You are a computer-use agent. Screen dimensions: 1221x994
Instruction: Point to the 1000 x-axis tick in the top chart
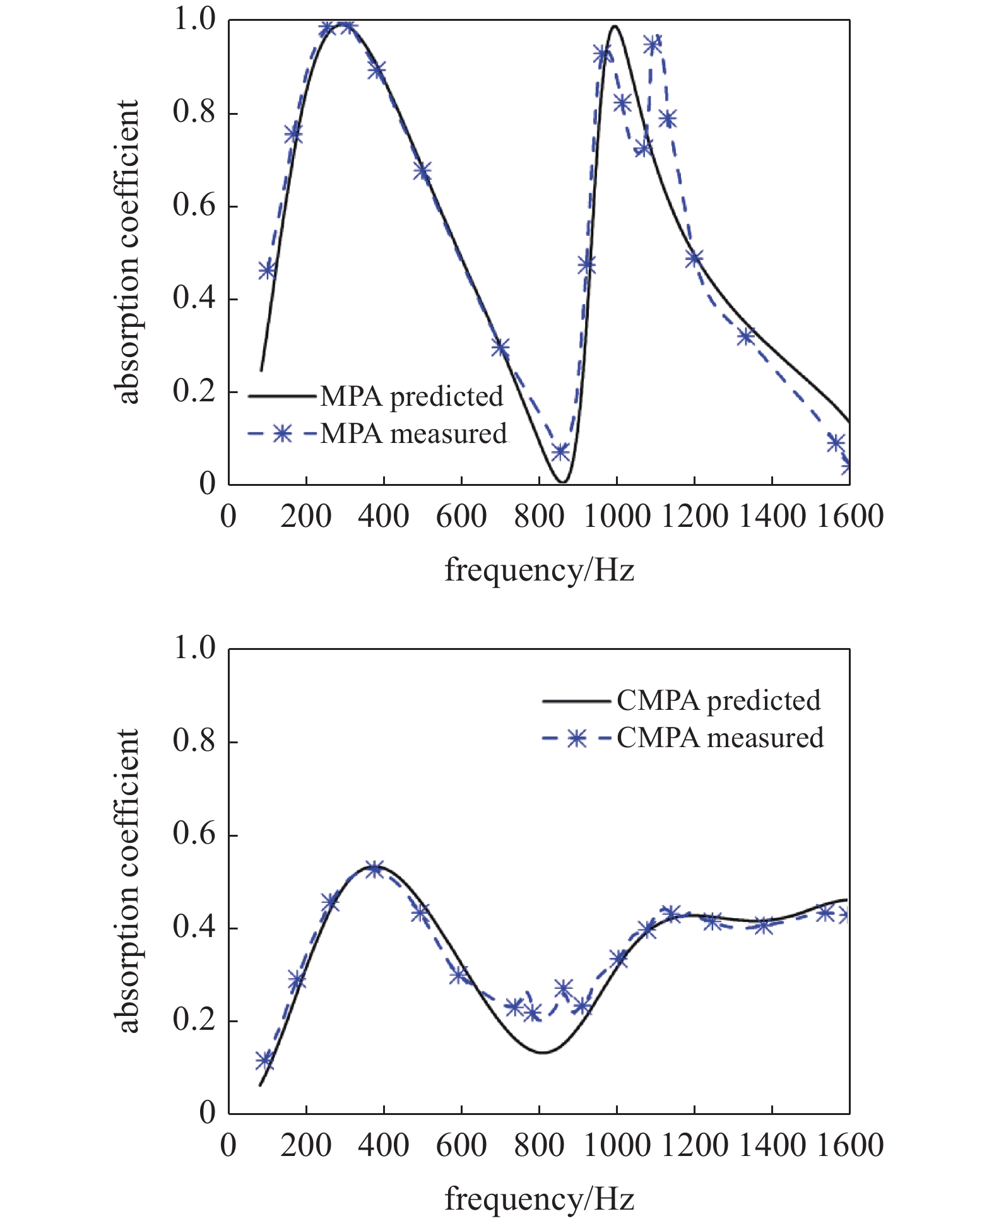tap(617, 516)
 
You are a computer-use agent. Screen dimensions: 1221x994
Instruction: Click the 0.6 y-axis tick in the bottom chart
tap(194, 834)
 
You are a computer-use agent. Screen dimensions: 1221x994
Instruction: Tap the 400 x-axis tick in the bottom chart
tap(384, 1145)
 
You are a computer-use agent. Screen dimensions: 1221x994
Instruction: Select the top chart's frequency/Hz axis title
tap(539, 570)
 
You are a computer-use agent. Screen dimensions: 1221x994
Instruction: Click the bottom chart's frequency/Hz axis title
tap(539, 1198)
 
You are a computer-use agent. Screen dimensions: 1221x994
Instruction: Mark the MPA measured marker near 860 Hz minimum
tap(560, 452)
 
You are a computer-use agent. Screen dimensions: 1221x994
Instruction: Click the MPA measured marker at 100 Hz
tap(268, 271)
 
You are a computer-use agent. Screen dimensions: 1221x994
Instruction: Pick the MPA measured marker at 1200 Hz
tap(694, 258)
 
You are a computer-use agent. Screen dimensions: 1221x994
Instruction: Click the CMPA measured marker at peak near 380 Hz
tap(375, 869)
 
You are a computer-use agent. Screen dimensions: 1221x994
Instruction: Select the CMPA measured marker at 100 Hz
tap(265, 1060)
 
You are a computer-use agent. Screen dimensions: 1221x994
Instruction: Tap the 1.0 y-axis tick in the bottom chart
tap(194, 648)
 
